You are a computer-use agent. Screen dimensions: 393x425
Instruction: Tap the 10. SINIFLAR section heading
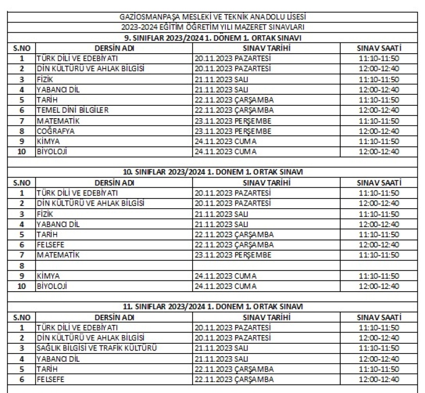[x=213, y=172]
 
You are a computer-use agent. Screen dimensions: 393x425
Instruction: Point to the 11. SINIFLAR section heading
[x=213, y=307]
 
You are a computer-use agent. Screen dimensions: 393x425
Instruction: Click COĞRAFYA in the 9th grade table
[x=56, y=130]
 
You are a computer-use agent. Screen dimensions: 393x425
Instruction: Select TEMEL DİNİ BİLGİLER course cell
[x=73, y=110]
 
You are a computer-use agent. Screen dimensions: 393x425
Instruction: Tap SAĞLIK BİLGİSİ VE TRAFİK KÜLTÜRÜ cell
[x=96, y=348]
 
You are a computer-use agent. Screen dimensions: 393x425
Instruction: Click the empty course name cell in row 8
[x=114, y=266]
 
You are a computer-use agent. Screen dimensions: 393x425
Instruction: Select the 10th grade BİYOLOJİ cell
[x=53, y=286]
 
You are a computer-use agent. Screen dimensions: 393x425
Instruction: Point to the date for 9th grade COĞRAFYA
[x=233, y=130]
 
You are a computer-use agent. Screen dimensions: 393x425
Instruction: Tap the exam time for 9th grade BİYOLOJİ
[x=379, y=151]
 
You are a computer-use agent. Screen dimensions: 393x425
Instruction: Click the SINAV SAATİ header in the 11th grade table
[x=379, y=317]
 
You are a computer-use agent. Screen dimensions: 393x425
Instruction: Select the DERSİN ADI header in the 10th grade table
[x=114, y=182]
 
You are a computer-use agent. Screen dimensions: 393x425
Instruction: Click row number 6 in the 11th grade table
[x=22, y=379]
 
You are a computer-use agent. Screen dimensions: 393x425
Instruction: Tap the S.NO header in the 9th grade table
[x=22, y=48]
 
